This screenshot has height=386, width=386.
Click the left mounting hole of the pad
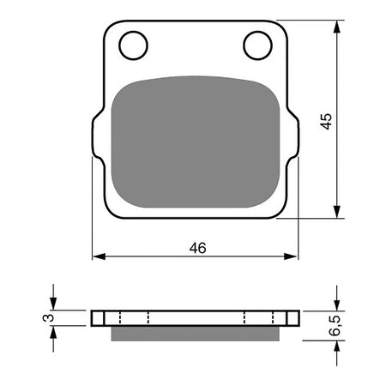click(132, 45)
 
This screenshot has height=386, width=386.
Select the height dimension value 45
click(325, 119)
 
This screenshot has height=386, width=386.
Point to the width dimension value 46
click(196, 247)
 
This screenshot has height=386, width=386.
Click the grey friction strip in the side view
click(195, 331)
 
